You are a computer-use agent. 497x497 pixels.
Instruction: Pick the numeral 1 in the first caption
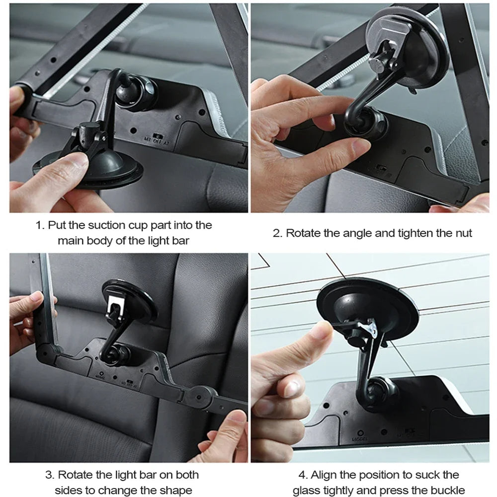click(38, 225)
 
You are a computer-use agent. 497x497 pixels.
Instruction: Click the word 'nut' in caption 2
click(462, 233)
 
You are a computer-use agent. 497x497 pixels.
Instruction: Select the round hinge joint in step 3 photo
click(202, 395)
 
